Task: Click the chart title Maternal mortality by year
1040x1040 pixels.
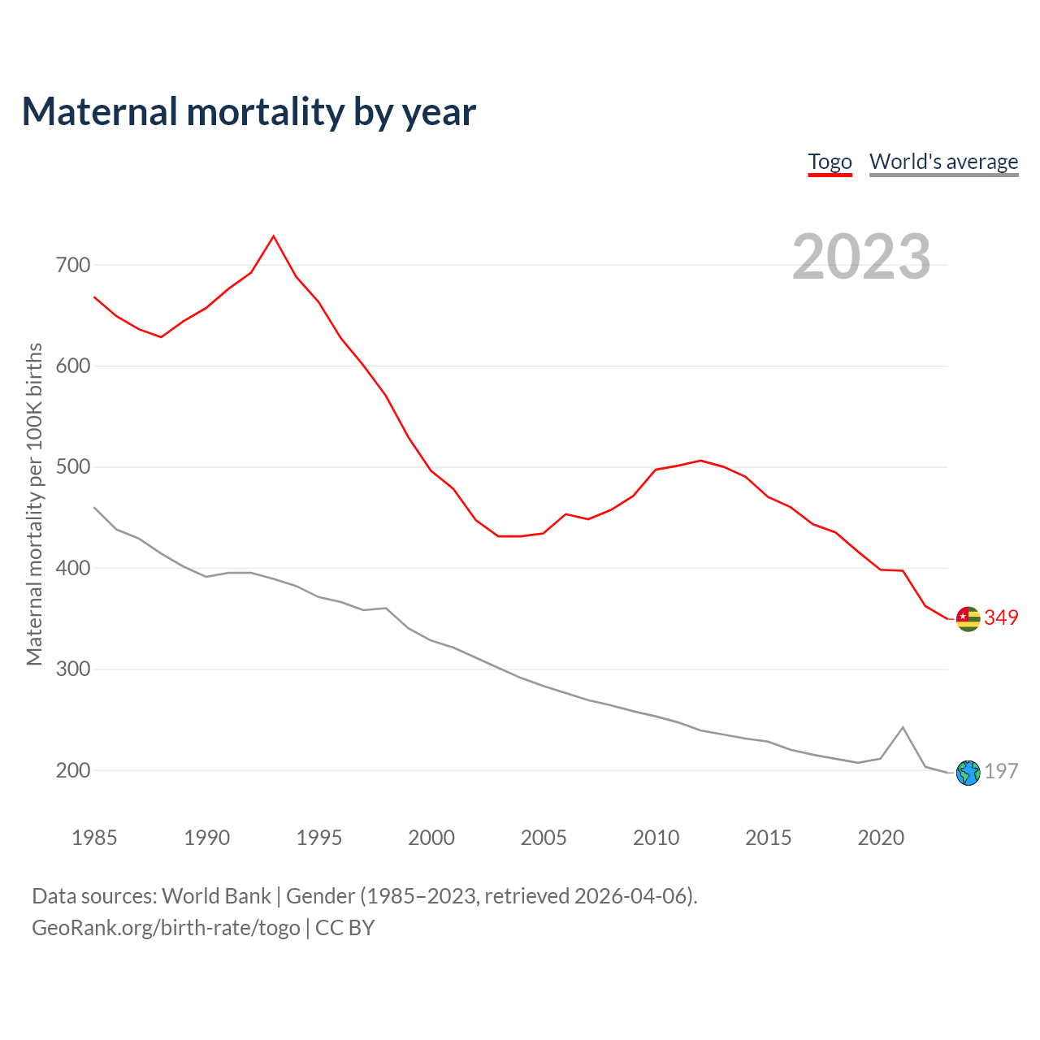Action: [x=249, y=112]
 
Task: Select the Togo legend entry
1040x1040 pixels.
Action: [x=830, y=162]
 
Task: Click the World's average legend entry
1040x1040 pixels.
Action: [x=943, y=162]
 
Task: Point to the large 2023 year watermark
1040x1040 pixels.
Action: [x=861, y=257]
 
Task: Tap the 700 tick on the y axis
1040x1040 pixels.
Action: [x=74, y=265]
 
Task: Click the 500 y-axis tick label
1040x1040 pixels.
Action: [x=74, y=467]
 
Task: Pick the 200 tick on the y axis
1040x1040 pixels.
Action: [x=74, y=770]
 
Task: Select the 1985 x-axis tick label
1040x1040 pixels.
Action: [x=94, y=838]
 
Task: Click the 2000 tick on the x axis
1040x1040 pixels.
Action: [x=431, y=838]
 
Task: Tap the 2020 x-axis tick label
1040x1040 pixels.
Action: [x=881, y=838]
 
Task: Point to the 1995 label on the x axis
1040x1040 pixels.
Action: [x=319, y=838]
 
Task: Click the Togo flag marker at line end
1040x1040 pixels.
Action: [x=968, y=619]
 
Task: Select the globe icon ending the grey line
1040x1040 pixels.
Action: [x=968, y=773]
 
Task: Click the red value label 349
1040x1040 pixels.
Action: [x=1001, y=617]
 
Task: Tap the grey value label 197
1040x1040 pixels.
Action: [x=1001, y=771]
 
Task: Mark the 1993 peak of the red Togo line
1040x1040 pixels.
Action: [x=274, y=236]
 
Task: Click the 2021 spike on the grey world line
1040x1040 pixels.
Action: [x=903, y=728]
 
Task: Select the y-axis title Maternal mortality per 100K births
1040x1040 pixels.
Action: [x=34, y=504]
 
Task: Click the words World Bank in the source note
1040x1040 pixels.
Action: [x=216, y=896]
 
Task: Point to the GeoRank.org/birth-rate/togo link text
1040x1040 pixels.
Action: [x=166, y=928]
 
